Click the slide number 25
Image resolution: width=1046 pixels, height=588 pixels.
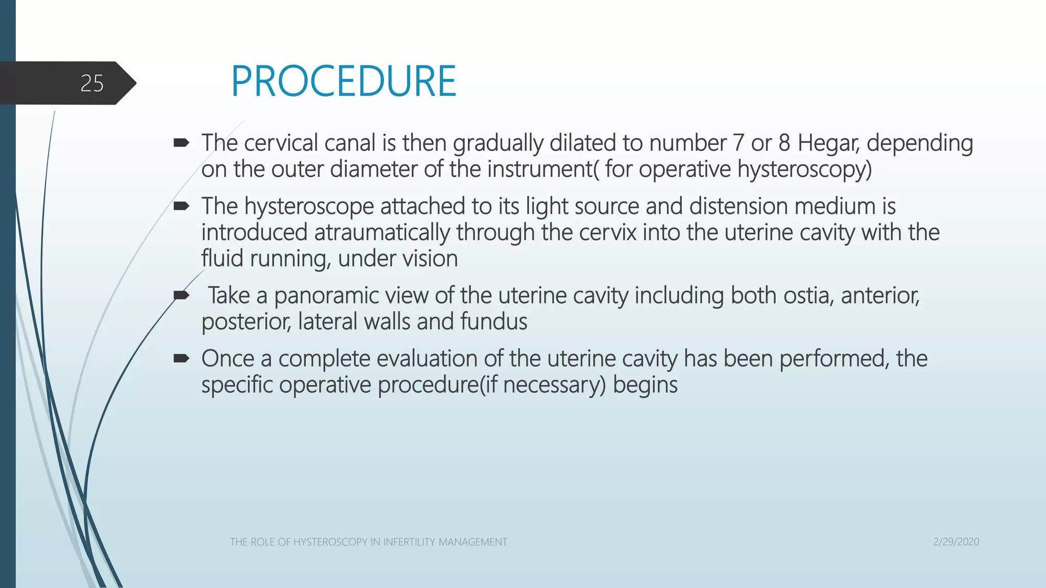[92, 83]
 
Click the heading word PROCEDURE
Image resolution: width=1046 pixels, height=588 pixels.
[343, 82]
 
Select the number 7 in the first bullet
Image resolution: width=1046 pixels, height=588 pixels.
[738, 143]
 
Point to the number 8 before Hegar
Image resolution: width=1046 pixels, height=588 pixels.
[784, 143]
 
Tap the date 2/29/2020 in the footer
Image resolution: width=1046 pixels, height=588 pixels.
[956, 542]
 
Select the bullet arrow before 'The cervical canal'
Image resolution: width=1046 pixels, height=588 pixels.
[181, 143]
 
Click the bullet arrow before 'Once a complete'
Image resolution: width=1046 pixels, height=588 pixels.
[181, 359]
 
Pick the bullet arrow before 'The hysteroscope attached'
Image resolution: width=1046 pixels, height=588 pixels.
[181, 206]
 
